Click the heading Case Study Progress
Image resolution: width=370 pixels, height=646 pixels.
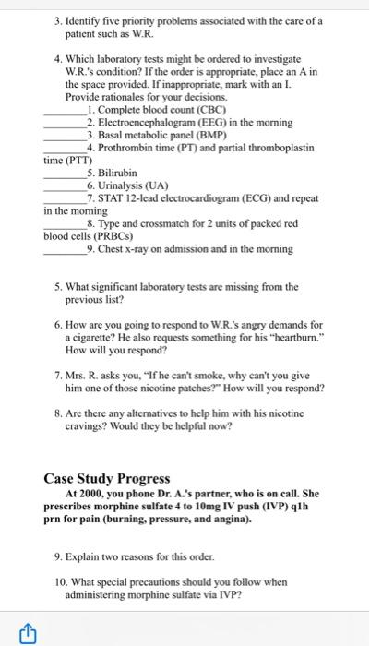pyautogui.click(x=107, y=478)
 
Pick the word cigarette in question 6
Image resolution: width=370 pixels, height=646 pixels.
pyautogui.click(x=88, y=338)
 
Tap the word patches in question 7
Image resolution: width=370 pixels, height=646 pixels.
pyautogui.click(x=244, y=389)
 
